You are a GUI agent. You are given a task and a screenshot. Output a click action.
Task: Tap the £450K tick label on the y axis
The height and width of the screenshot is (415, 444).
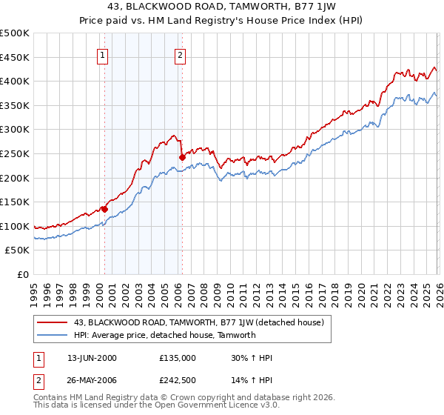pos(15,57)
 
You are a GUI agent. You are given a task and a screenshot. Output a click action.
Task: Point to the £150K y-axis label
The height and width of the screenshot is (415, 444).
pos(15,202)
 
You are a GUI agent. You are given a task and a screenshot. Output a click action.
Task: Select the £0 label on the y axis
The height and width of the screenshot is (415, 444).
pos(22,274)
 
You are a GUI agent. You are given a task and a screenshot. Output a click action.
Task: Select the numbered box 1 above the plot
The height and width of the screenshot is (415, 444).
pos(102,54)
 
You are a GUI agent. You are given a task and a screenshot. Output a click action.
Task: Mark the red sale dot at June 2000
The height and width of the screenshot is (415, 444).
pos(104,209)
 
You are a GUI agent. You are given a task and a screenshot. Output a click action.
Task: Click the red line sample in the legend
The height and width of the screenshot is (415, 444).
pos(53,322)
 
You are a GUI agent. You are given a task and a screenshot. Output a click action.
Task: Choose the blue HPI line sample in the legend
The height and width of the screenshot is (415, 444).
pos(53,335)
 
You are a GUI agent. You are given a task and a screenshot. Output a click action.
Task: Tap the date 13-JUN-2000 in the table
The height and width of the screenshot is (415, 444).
pos(91,357)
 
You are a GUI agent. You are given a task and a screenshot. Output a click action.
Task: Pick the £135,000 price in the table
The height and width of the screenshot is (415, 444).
pos(178,357)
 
